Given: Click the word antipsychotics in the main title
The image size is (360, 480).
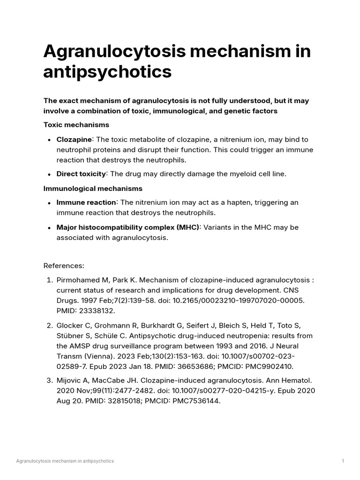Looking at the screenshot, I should [x=107, y=72].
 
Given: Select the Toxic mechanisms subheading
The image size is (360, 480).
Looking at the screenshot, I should [x=76, y=125].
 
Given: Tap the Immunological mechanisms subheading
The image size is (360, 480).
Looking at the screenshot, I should [x=93, y=188].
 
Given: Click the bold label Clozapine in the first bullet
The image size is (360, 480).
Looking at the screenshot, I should [x=74, y=140].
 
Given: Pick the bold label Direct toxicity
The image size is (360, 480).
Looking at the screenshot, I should [x=81, y=174].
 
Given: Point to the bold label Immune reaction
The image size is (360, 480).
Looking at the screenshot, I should [x=86, y=202].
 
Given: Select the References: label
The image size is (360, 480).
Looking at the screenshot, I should [x=64, y=266].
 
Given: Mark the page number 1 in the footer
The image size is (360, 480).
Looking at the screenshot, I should [x=343, y=461].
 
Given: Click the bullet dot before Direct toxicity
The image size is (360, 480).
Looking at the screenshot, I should [x=49, y=174].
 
